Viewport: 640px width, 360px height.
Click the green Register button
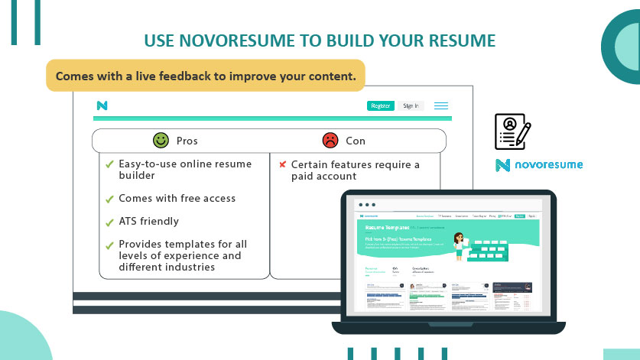click(380, 105)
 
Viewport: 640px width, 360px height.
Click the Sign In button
click(411, 105)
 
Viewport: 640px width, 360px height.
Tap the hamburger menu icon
click(441, 105)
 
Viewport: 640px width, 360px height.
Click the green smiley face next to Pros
click(161, 141)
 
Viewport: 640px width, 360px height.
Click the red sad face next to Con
click(330, 141)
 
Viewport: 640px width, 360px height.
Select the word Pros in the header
click(187, 141)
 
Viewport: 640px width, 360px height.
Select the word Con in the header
click(356, 141)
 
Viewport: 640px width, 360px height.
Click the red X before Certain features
click(282, 164)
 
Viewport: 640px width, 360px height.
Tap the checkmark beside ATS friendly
click(109, 222)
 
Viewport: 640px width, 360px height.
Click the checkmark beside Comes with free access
click(109, 199)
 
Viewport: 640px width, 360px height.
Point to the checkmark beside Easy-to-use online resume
click(109, 164)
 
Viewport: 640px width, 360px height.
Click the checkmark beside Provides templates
click(109, 245)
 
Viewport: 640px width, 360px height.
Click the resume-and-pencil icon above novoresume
click(512, 131)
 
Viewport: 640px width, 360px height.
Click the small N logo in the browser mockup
click(102, 105)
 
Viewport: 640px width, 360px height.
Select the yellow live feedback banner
click(206, 76)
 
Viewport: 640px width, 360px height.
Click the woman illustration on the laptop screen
click(462, 245)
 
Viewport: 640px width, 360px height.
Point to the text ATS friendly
click(148, 222)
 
